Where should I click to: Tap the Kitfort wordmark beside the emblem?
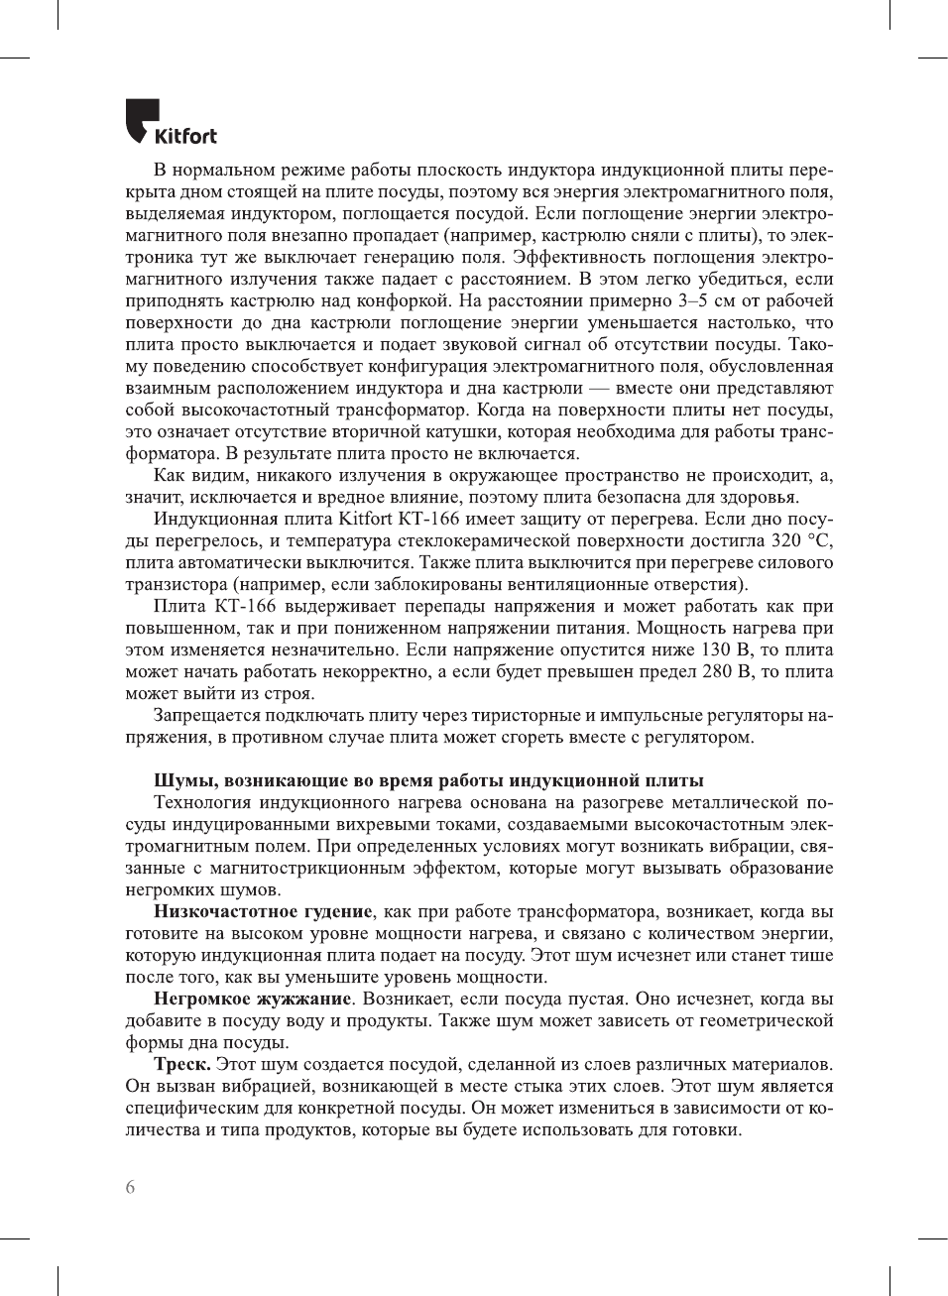tap(185, 136)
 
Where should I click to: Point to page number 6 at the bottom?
tap(130, 1187)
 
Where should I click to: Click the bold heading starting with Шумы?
tap(428, 780)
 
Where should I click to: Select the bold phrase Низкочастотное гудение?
tap(263, 911)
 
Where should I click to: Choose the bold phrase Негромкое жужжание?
tap(252, 999)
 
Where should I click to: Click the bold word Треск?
tap(182, 1064)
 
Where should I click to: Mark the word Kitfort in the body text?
tap(365, 519)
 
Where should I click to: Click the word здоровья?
tap(763, 497)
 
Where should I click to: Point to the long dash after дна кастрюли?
tap(599, 388)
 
